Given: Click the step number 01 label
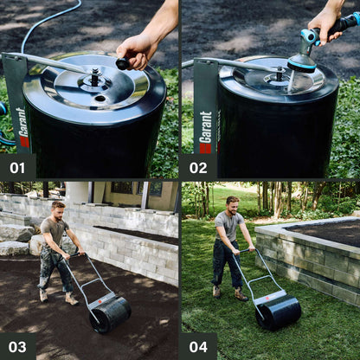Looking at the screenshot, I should tap(17, 167).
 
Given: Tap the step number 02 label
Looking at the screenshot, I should tap(198, 167).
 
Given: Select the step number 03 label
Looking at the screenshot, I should tap(17, 347).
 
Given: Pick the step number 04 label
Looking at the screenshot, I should tap(198, 347).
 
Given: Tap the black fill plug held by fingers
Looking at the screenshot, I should tap(123, 63).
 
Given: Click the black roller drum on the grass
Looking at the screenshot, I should tap(279, 312).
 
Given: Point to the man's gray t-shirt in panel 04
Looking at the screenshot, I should tap(230, 227).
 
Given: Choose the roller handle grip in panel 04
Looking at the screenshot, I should tap(245, 251).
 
